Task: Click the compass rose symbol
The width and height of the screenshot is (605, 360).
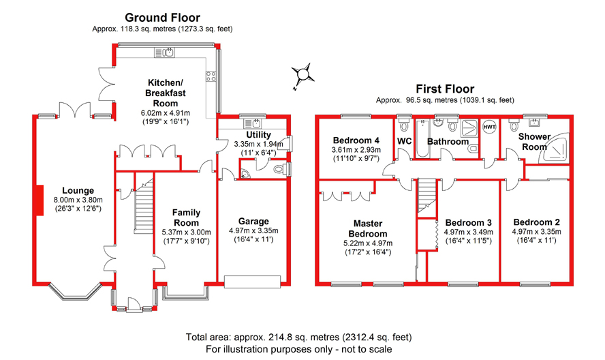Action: tap(302, 74)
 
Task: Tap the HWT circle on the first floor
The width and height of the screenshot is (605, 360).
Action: tap(489, 127)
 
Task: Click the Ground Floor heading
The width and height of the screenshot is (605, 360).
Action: tap(162, 18)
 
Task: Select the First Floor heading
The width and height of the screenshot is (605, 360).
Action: tap(445, 89)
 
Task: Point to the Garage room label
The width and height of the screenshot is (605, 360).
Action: tap(253, 222)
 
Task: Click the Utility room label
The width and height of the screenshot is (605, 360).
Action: tap(258, 135)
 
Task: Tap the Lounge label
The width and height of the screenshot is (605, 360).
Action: tap(78, 190)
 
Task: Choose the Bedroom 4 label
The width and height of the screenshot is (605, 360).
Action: tap(356, 140)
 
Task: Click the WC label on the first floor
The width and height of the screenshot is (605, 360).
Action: tap(405, 141)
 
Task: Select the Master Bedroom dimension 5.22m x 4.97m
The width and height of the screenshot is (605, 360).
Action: tap(368, 243)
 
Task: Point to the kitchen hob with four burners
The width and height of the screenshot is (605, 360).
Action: tap(211, 76)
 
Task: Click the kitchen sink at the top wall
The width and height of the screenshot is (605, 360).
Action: tap(165, 52)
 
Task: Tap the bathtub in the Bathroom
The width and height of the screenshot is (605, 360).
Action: tap(422, 138)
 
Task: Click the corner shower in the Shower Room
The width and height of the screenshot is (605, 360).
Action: tap(556, 147)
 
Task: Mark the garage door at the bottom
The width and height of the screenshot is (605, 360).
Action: tap(252, 282)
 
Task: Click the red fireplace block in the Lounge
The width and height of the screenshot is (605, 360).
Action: tap(39, 200)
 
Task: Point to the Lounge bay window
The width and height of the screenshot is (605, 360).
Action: tap(75, 292)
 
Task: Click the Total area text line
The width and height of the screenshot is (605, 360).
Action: tap(298, 337)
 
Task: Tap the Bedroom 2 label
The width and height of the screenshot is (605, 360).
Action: tap(536, 222)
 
